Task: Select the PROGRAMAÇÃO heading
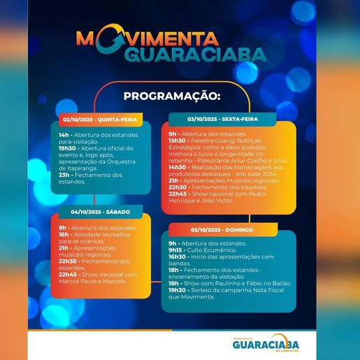(171, 95)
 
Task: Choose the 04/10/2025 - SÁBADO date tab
(97, 211)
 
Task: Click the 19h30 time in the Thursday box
(67, 148)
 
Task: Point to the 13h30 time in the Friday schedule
(178, 139)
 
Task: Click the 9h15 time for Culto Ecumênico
(175, 250)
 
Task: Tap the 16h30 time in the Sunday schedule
(178, 256)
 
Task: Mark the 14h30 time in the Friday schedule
(178, 168)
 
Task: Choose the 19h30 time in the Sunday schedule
(178, 291)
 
